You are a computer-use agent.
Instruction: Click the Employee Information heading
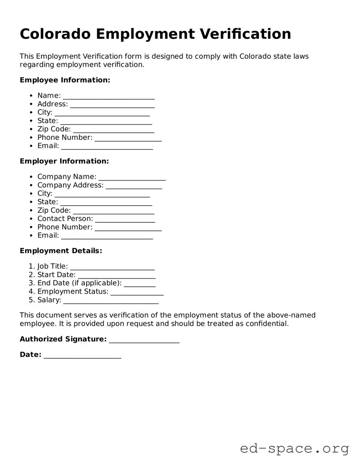click(x=65, y=80)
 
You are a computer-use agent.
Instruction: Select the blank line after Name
click(x=108, y=96)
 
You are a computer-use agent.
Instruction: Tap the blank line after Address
click(x=112, y=105)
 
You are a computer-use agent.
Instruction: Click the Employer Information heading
click(x=64, y=161)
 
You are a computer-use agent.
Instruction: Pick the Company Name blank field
click(x=132, y=177)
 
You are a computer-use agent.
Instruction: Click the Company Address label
click(x=70, y=185)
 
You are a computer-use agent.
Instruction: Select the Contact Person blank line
click(x=125, y=219)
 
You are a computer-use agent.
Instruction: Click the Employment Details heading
click(x=61, y=250)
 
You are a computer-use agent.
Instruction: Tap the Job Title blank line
click(x=112, y=267)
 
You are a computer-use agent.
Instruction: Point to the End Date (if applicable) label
click(x=79, y=283)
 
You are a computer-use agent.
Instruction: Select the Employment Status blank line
click(x=137, y=292)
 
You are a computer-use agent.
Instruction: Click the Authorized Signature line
click(x=144, y=340)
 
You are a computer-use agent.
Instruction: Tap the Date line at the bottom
click(x=82, y=355)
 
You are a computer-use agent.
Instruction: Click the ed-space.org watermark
click(x=294, y=449)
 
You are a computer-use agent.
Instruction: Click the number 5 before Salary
click(x=31, y=300)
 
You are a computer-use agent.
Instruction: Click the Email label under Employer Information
click(x=48, y=235)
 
